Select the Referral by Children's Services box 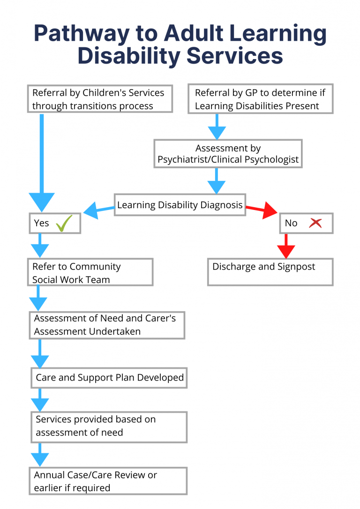(x=100, y=99)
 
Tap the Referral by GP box (x=260, y=99)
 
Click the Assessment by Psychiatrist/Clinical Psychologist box (x=228, y=154)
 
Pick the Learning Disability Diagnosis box (x=180, y=205)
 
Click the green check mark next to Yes (x=64, y=224)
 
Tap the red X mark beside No (x=315, y=223)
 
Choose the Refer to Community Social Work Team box (x=90, y=272)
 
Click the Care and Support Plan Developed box (x=109, y=377)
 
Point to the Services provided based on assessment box (x=109, y=427)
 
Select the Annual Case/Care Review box (x=109, y=481)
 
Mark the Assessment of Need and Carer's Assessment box (x=107, y=325)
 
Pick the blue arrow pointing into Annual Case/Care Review (x=40, y=455)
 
